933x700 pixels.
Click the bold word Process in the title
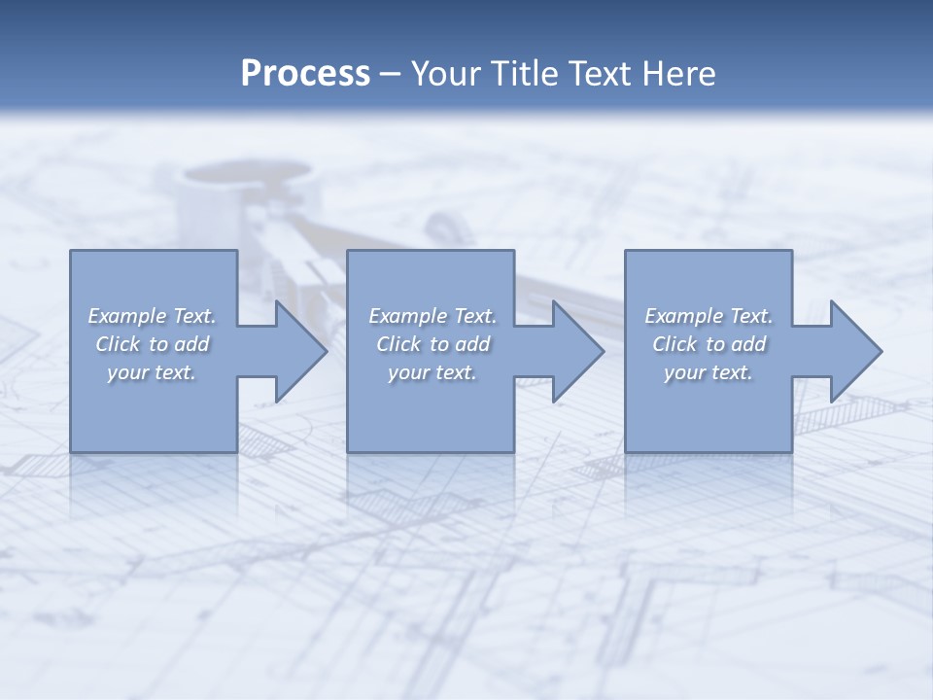tap(305, 74)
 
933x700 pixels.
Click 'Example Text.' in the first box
tap(152, 316)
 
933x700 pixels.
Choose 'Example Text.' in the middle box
tap(432, 316)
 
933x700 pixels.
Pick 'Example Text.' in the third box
tap(708, 316)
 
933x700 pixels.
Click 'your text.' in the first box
tap(152, 372)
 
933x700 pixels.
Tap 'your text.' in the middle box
tap(432, 372)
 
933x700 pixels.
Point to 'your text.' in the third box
tap(708, 372)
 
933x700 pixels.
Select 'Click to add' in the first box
tap(152, 344)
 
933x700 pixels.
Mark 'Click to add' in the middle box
tap(432, 344)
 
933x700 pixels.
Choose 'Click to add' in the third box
tap(708, 344)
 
